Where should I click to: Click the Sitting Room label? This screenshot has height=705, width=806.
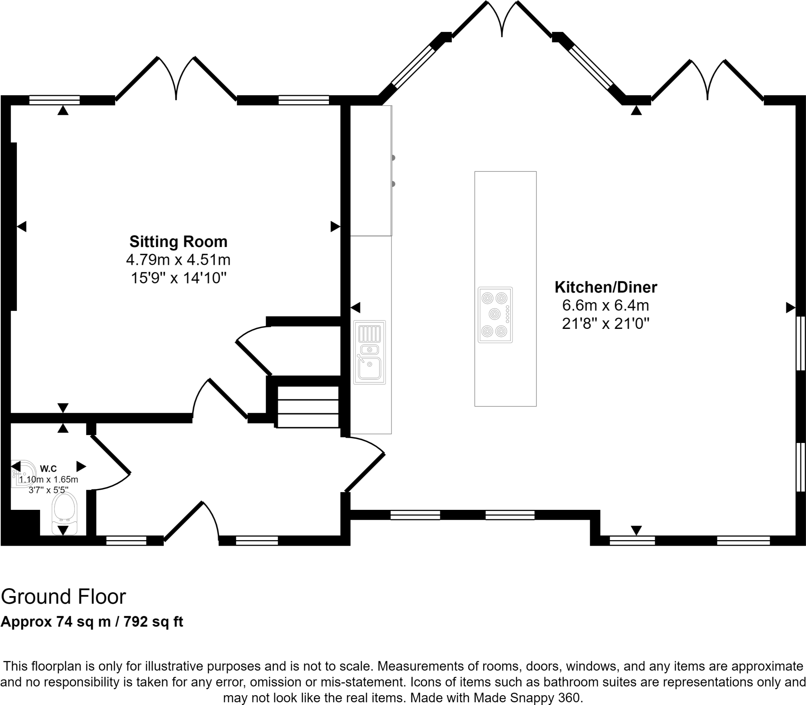click(x=178, y=242)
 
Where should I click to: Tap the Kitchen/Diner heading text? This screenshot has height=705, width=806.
click(x=606, y=287)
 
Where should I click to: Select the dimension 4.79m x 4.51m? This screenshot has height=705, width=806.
click(x=178, y=260)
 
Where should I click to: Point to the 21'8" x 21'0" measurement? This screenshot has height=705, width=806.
click(x=606, y=323)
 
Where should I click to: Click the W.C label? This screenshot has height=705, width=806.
click(x=48, y=468)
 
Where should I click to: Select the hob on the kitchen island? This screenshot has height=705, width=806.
click(x=495, y=315)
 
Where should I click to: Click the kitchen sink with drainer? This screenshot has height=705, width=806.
click(x=369, y=352)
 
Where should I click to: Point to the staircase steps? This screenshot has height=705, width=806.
click(x=308, y=407)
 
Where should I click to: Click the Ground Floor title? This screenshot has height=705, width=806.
click(x=63, y=597)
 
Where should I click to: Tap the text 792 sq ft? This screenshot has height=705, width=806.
click(x=153, y=622)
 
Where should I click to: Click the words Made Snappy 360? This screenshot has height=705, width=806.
click(x=527, y=698)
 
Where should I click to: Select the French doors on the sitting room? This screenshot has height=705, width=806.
click(x=176, y=79)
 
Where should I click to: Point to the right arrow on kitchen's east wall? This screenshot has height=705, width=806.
click(x=790, y=308)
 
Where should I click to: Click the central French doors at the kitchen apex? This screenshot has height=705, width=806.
click(x=502, y=20)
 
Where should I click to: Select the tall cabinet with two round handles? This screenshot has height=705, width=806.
click(x=371, y=170)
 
